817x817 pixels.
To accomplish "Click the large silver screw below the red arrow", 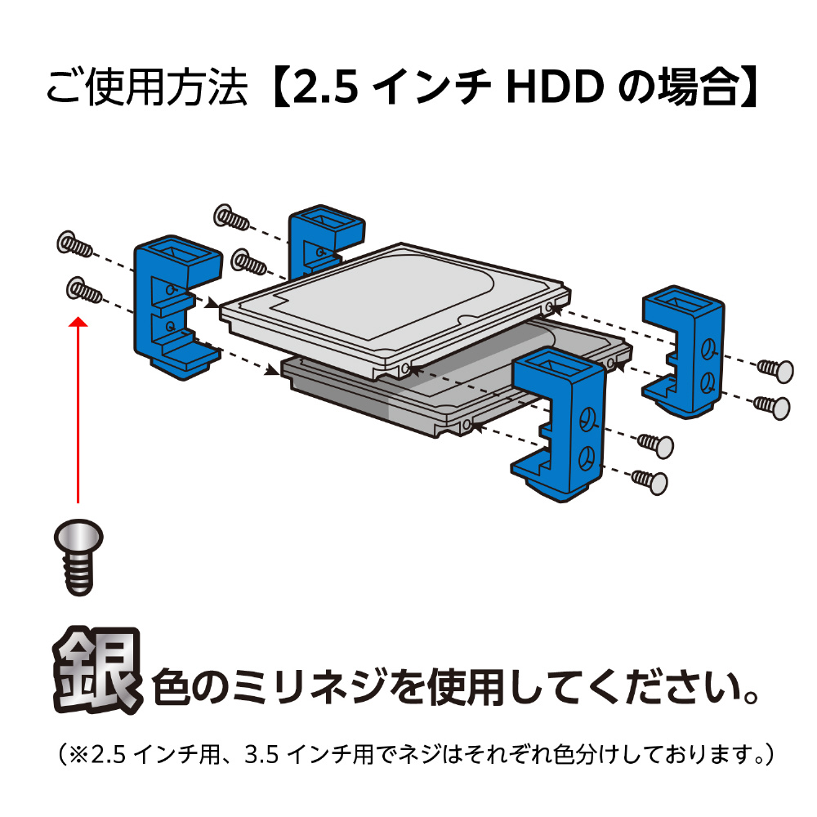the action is [78, 556].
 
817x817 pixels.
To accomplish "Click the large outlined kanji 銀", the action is [97, 670].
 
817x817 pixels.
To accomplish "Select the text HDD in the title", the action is [555, 87].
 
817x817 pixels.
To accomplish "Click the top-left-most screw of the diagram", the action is [74, 243].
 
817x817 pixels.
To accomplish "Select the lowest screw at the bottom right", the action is [650, 481].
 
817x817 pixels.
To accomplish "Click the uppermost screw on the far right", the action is [775, 370].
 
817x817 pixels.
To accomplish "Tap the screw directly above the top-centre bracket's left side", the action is [231, 217].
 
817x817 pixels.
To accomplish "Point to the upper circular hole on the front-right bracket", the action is [587, 417].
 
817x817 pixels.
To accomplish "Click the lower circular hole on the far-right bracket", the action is [707, 382].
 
